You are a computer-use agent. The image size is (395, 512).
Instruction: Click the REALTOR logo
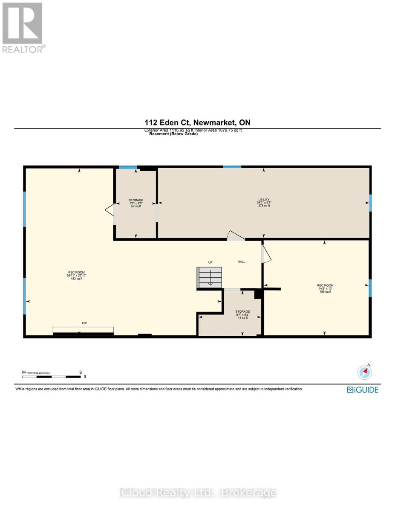pos(22,28)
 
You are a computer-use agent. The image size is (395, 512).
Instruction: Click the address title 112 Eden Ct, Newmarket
pos(197,123)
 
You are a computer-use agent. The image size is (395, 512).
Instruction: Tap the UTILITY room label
pos(264,200)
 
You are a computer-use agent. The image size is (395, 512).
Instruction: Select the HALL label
pos(241,262)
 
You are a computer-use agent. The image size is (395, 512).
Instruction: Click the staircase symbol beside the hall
pos(209,277)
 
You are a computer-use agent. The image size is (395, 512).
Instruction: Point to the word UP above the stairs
pos(210,262)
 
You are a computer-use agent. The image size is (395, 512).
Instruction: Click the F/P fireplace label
pos(84,323)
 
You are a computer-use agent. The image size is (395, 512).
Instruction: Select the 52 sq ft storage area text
pos(136,207)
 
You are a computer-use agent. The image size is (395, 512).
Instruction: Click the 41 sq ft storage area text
pos(242,318)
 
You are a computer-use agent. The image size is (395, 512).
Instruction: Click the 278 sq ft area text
pos(264,206)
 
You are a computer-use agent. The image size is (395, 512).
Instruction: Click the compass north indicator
pos(365,372)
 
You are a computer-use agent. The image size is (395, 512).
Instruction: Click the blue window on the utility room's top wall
pos(232,166)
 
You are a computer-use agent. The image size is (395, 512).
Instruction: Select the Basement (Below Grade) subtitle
pos(173,134)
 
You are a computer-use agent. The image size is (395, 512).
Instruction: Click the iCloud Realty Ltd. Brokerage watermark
pos(197,493)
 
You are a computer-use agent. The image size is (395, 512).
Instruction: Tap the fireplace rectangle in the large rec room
pos(83,330)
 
